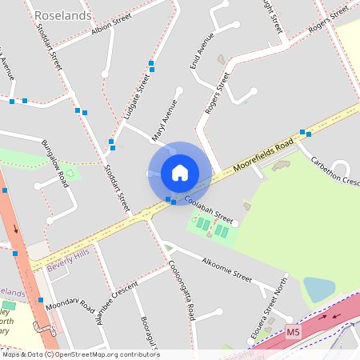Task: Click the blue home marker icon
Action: click(179, 173)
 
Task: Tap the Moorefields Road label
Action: click(264, 156)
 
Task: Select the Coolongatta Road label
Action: click(181, 293)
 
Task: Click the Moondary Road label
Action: click(70, 306)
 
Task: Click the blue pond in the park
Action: click(318, 290)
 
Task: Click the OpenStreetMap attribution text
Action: click(80, 354)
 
